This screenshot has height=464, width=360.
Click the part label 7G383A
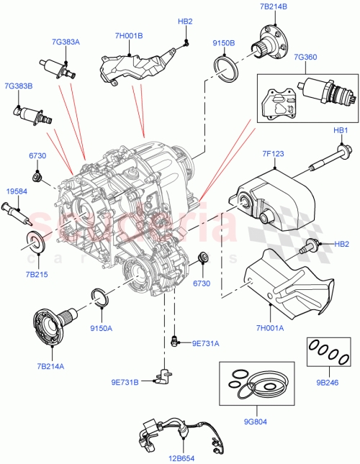click(66, 42)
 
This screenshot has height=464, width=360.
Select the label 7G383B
click(19, 86)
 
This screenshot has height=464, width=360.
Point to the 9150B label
click(224, 42)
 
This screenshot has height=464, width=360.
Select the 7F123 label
click(274, 153)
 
